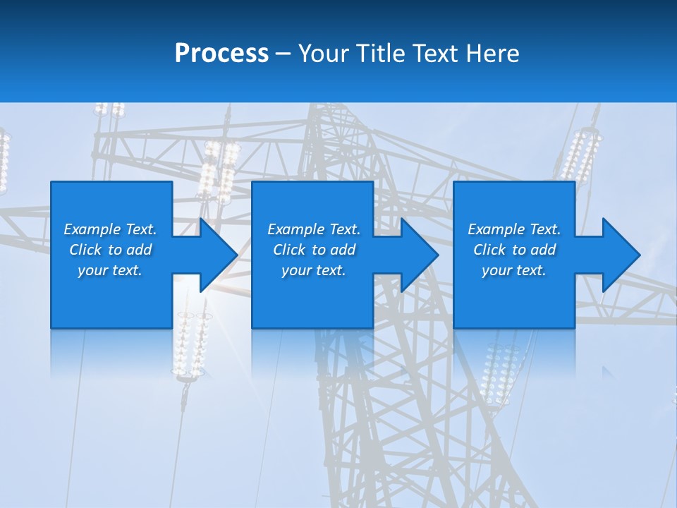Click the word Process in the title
[221, 54]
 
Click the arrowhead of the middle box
[419, 255]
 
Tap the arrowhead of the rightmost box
[620, 255]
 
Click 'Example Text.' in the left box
[110, 229]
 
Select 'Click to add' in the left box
[110, 250]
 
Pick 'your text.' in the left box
[110, 270]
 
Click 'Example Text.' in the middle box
[314, 229]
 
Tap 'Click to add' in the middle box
[314, 250]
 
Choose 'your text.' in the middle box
[314, 270]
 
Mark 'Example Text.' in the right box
[514, 229]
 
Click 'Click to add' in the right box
[514, 250]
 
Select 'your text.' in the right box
[514, 270]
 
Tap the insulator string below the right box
[499, 374]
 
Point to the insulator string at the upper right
[580, 155]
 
